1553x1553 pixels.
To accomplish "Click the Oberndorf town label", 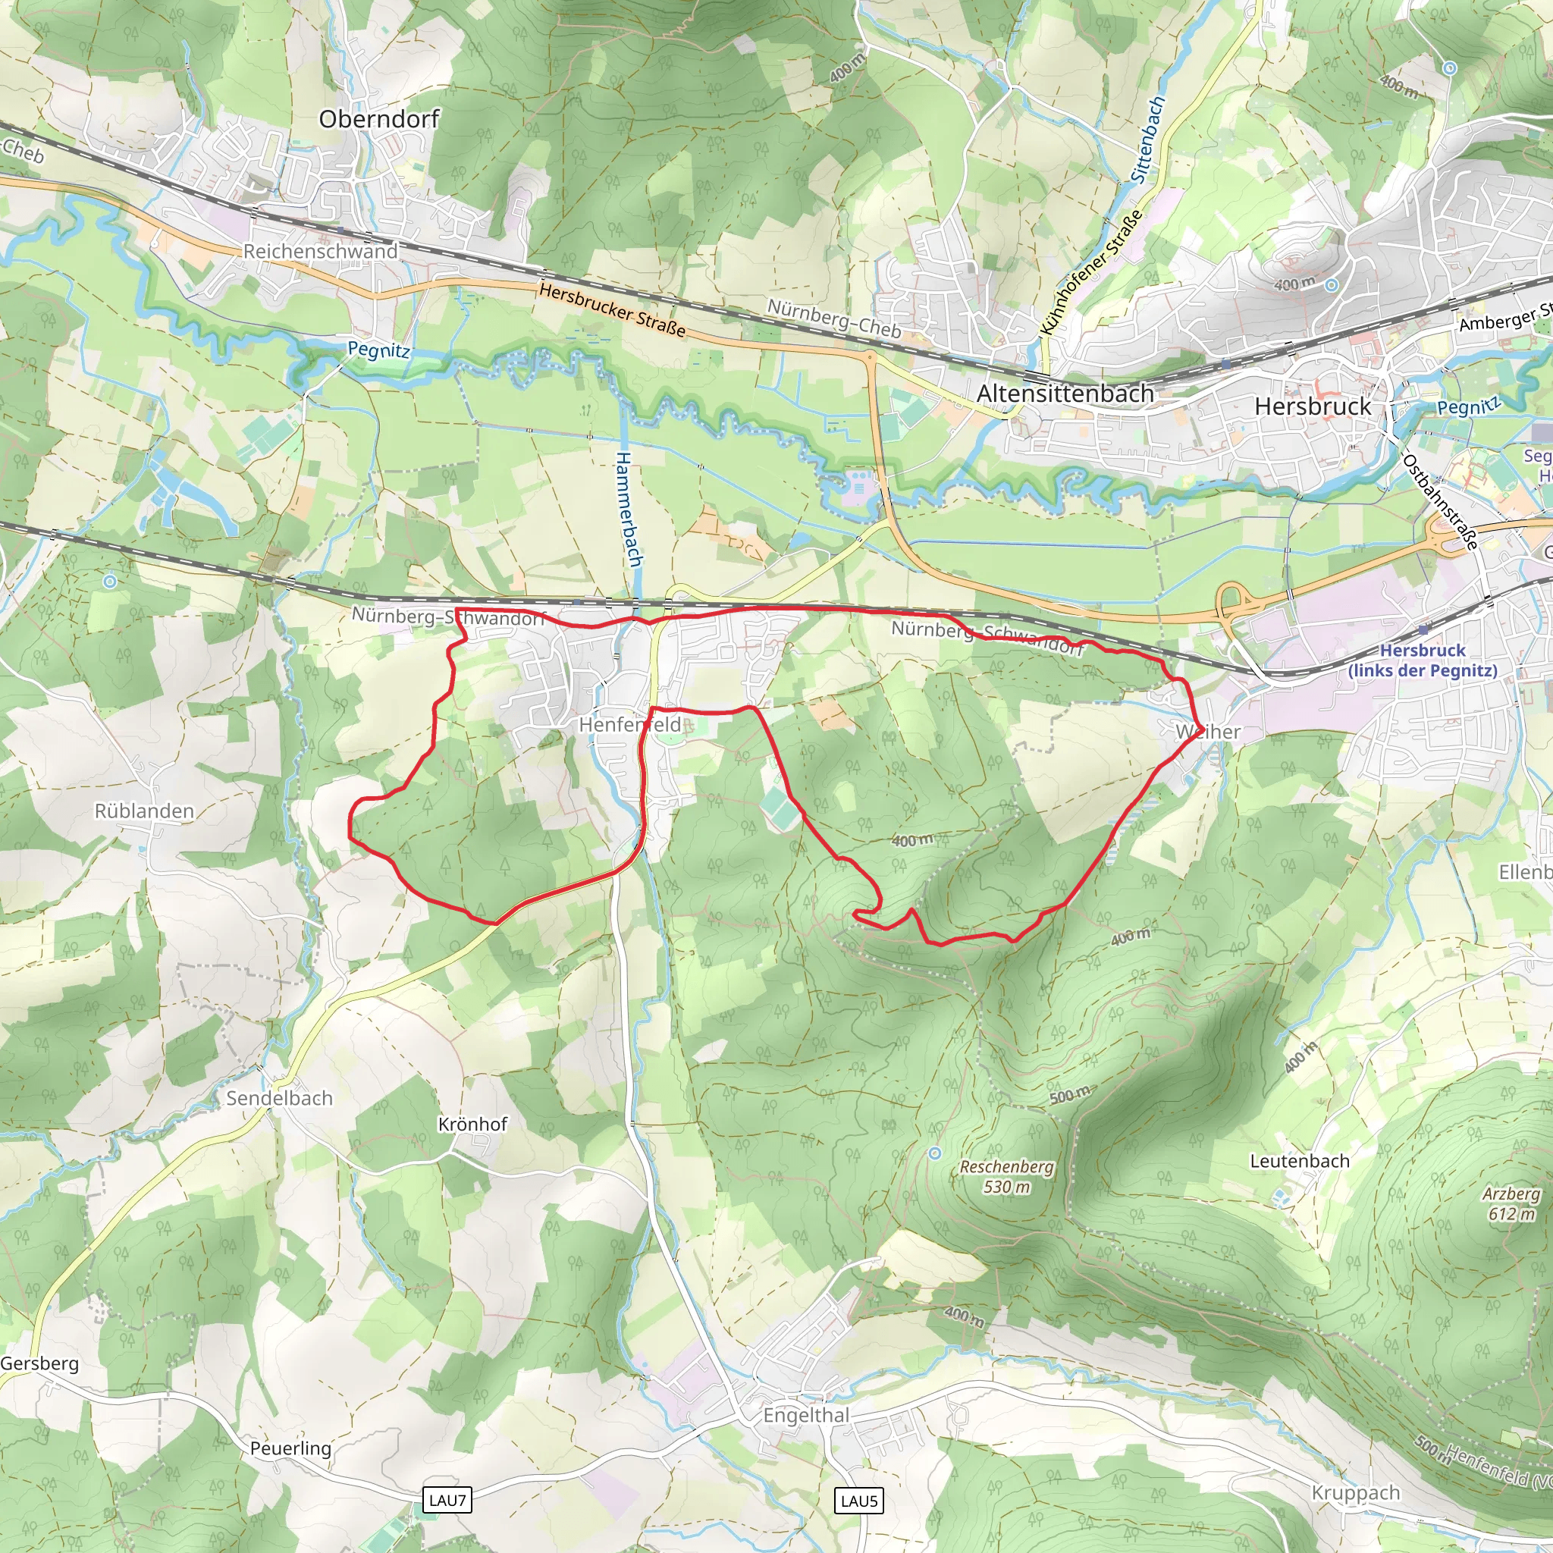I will pyautogui.click(x=378, y=120).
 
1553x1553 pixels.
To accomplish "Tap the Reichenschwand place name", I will pyautogui.click(x=320, y=252).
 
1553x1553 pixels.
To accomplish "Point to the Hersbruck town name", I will pyautogui.click(x=1312, y=406).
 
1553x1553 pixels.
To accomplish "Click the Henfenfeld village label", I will pyautogui.click(x=629, y=725).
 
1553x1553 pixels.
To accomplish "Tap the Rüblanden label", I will pyautogui.click(x=145, y=811).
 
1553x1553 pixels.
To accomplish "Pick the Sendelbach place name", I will pyautogui.click(x=279, y=1098).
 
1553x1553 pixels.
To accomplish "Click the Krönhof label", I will pyautogui.click(x=472, y=1125).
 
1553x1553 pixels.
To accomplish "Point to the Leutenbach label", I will pyautogui.click(x=1299, y=1161).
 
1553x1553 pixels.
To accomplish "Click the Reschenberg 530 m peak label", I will pyautogui.click(x=1006, y=1176).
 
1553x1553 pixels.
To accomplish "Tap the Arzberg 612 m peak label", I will pyautogui.click(x=1511, y=1203).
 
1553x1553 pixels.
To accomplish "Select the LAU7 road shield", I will pyautogui.click(x=447, y=1500).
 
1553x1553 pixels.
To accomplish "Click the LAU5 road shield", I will pyautogui.click(x=858, y=1501).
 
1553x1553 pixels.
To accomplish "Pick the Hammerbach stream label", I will pyautogui.click(x=629, y=509).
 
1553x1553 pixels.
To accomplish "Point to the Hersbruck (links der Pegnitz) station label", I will pyautogui.click(x=1422, y=660).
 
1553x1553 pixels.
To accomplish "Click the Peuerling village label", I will pyautogui.click(x=290, y=1448).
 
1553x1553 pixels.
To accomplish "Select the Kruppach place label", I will pyautogui.click(x=1355, y=1492).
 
